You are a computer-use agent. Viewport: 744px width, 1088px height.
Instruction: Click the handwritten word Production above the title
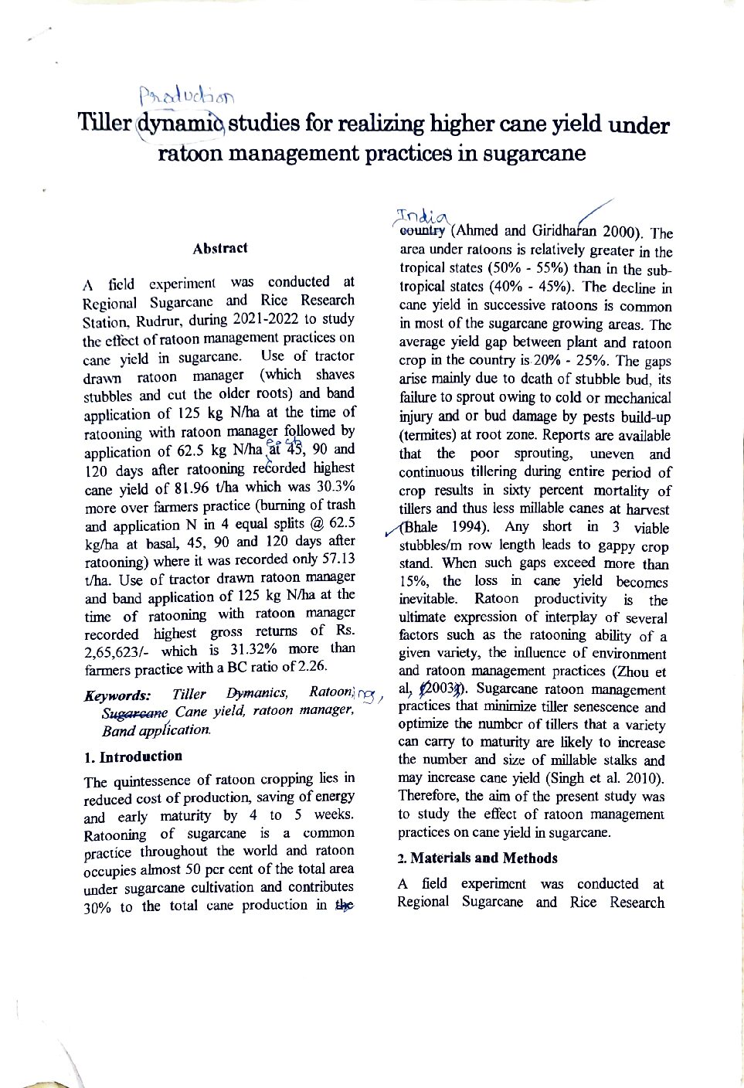(x=187, y=95)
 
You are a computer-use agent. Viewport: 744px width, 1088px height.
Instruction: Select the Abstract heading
(x=220, y=248)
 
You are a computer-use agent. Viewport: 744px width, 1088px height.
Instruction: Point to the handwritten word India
(x=421, y=215)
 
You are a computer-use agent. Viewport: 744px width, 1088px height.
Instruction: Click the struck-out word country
(x=423, y=229)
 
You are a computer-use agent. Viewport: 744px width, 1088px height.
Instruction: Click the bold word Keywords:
(x=117, y=695)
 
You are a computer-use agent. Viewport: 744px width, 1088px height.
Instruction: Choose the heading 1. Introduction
(x=133, y=756)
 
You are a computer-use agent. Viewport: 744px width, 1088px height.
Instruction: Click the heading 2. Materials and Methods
(x=477, y=858)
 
